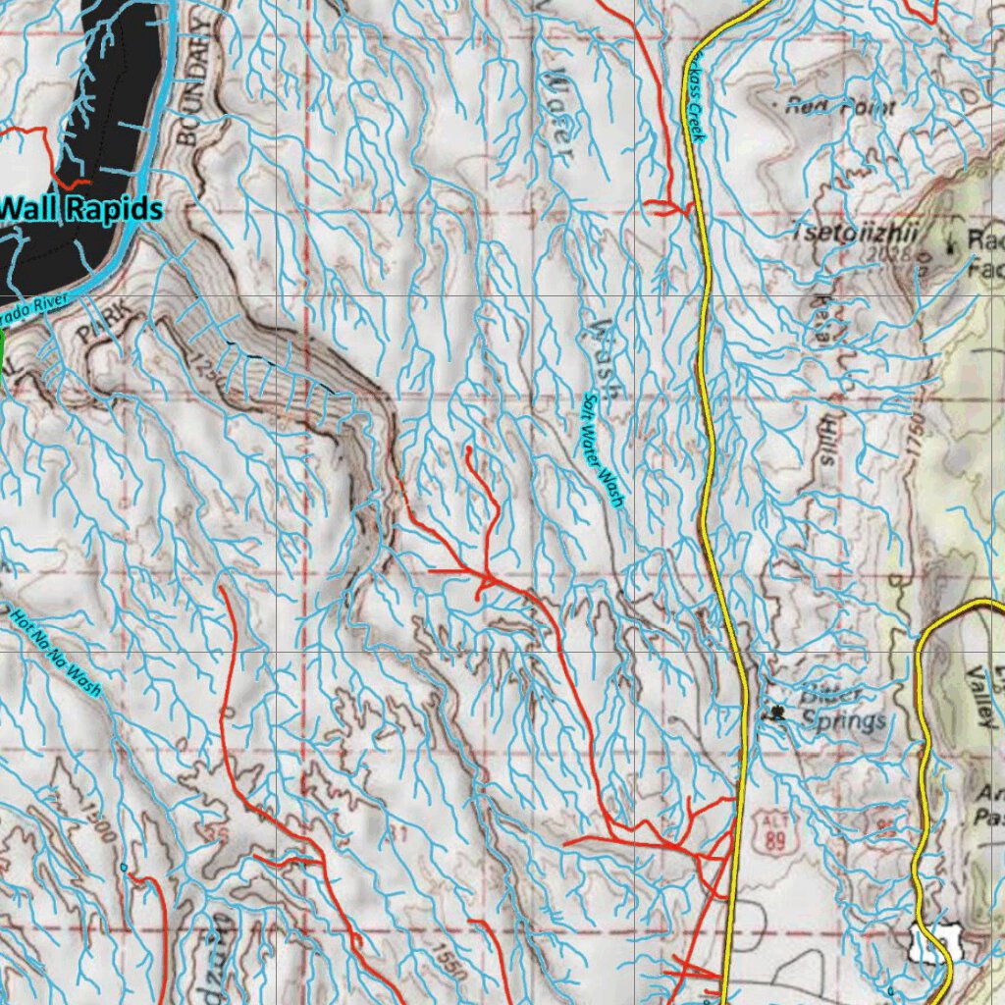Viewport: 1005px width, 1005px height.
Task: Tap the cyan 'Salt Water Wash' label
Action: click(x=603, y=450)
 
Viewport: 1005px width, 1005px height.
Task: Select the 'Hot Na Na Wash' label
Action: click(x=56, y=652)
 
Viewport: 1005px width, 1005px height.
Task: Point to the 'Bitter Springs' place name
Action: click(x=842, y=708)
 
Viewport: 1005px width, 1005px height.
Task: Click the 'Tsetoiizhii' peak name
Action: click(x=854, y=233)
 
